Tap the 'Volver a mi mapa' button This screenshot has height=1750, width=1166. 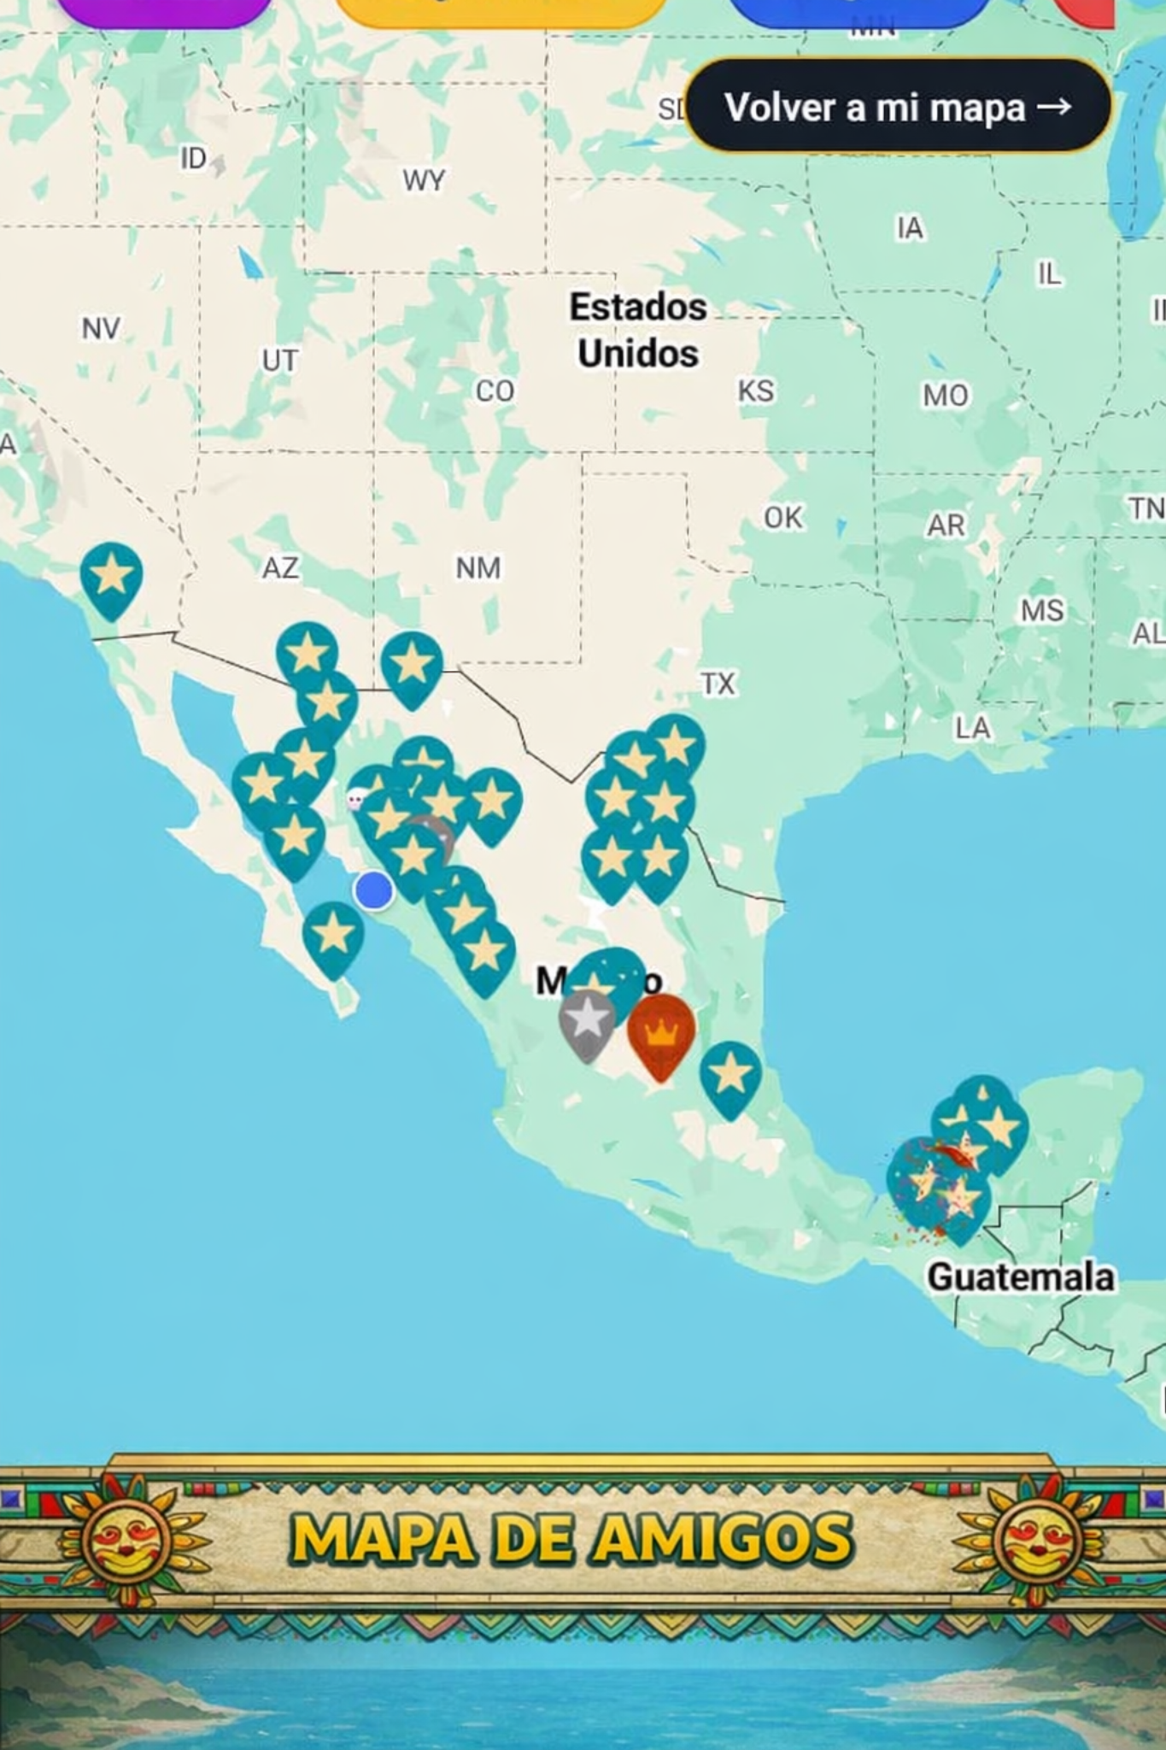(897, 107)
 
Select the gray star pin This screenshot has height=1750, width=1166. (587, 1021)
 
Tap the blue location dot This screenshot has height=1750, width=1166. (373, 890)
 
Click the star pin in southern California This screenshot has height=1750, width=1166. (111, 575)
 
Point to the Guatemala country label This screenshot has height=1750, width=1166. (1020, 1277)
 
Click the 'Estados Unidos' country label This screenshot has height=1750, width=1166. (638, 330)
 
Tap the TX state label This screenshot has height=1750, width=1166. (718, 684)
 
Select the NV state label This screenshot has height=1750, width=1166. (101, 328)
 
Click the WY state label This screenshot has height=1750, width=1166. (424, 180)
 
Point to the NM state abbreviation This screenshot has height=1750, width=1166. (478, 567)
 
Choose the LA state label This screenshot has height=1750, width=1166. (972, 728)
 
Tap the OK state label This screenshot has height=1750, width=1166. (782, 517)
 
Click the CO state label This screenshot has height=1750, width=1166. (495, 391)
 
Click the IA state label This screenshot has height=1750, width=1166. (910, 228)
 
